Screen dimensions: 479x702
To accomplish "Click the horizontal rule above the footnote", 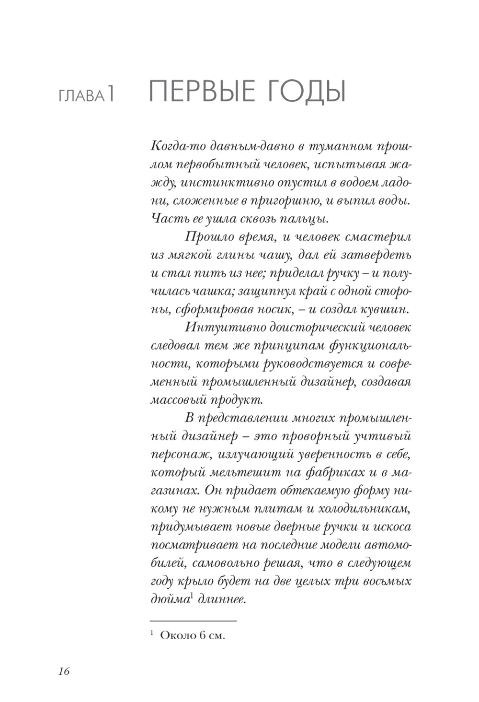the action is (194, 621).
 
